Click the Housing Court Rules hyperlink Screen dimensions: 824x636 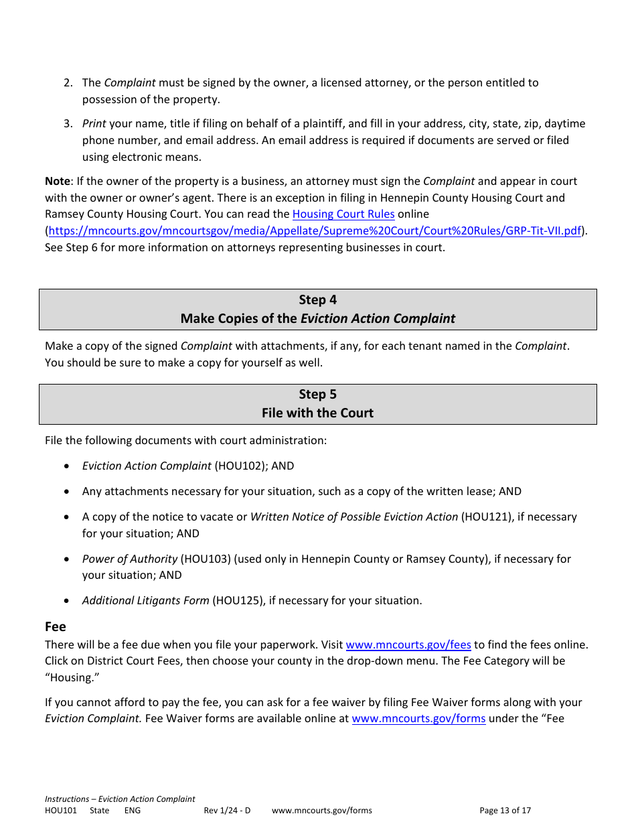click(x=343, y=214)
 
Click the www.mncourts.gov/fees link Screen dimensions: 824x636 click(x=408, y=644)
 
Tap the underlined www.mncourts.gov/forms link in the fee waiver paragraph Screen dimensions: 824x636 click(x=418, y=719)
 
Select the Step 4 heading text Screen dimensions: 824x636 click(x=317, y=300)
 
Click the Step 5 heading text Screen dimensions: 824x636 click(x=317, y=395)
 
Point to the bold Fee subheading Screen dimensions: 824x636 click(x=56, y=626)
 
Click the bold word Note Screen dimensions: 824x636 click(x=57, y=182)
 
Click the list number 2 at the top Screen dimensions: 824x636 click(x=68, y=83)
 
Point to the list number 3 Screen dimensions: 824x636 click(x=68, y=124)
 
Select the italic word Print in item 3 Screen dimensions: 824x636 click(x=94, y=124)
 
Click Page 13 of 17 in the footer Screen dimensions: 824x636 click(x=505, y=811)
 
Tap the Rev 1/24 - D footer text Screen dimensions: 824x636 click(x=227, y=811)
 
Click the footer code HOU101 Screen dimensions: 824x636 click(x=60, y=811)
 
